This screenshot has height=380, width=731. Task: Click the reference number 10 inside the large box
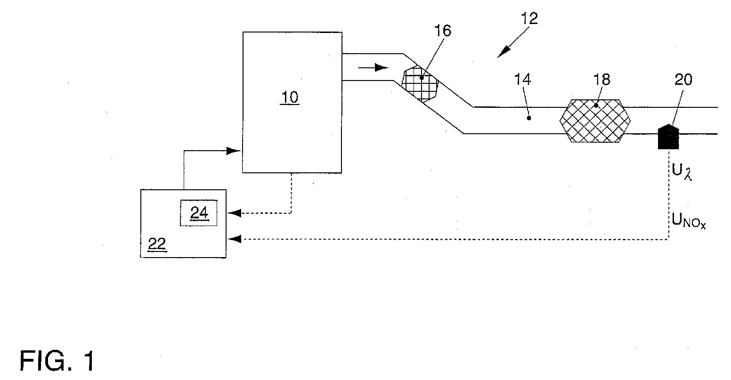coord(290,97)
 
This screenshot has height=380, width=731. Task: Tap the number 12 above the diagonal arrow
coord(529,18)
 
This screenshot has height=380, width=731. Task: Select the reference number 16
coord(443,31)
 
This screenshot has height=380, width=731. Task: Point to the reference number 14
coord(522,80)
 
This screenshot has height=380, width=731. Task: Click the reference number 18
coord(601,80)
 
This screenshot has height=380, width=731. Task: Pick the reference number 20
coord(683,80)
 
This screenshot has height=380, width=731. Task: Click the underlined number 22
coord(157,244)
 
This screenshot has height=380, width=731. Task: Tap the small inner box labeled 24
coord(199,213)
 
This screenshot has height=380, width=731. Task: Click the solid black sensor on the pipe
coord(668,137)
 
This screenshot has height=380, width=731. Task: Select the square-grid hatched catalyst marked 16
coord(420,84)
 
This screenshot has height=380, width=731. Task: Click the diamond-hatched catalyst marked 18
coord(595,121)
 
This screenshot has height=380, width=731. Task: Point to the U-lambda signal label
coord(682,171)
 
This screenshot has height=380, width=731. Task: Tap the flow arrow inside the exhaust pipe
coord(374,67)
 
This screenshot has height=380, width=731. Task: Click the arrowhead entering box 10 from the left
coord(234,151)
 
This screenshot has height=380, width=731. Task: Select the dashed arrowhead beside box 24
coord(234,213)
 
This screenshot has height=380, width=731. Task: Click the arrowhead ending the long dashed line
coord(234,239)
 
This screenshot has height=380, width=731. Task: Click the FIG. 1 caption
coord(57,361)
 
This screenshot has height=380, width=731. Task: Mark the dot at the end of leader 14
coord(528,118)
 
